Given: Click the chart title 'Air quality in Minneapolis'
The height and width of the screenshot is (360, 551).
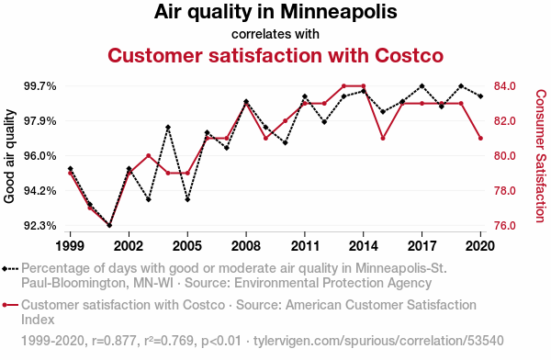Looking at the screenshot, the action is pyautogui.click(x=275, y=12).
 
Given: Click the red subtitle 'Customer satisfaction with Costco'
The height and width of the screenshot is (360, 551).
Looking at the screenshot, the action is pyautogui.click(x=275, y=55).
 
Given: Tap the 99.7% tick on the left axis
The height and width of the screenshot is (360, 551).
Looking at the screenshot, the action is pyautogui.click(x=40, y=86).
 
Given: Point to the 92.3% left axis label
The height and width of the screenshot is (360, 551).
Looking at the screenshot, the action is pyautogui.click(x=40, y=225).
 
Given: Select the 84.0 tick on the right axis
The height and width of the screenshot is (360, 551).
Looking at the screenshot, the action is pyautogui.click(x=504, y=86).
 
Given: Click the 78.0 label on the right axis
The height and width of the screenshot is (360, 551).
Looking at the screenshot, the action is pyautogui.click(x=504, y=190).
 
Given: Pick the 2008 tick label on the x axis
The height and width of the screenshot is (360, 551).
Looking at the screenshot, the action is pyautogui.click(x=246, y=246).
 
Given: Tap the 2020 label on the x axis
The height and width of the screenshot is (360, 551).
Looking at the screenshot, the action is pyautogui.click(x=479, y=246).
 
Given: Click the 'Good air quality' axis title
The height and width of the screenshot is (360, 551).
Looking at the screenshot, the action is pyautogui.click(x=9, y=156).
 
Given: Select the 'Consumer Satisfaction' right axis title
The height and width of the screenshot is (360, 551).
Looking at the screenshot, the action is pyautogui.click(x=541, y=156).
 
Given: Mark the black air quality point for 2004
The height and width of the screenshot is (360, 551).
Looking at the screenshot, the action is pyautogui.click(x=168, y=128).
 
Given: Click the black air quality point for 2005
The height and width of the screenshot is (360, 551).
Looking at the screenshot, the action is pyautogui.click(x=187, y=199).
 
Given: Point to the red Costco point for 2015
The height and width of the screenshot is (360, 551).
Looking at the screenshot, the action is pyautogui.click(x=383, y=138).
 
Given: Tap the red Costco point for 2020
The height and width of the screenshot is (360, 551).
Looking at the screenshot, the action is pyautogui.click(x=480, y=138).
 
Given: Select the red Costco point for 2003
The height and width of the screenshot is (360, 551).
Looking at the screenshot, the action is pyautogui.click(x=149, y=156).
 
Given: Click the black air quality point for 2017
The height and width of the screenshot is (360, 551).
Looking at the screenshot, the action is pyautogui.click(x=422, y=86).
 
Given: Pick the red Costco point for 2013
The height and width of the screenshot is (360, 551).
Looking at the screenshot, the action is pyautogui.click(x=343, y=86).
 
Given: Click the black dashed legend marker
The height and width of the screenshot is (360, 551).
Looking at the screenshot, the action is pyautogui.click(x=10, y=269).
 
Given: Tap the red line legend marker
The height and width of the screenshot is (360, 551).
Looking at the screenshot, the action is pyautogui.click(x=10, y=305).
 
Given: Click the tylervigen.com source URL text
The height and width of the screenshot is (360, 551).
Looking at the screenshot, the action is pyautogui.click(x=378, y=341).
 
